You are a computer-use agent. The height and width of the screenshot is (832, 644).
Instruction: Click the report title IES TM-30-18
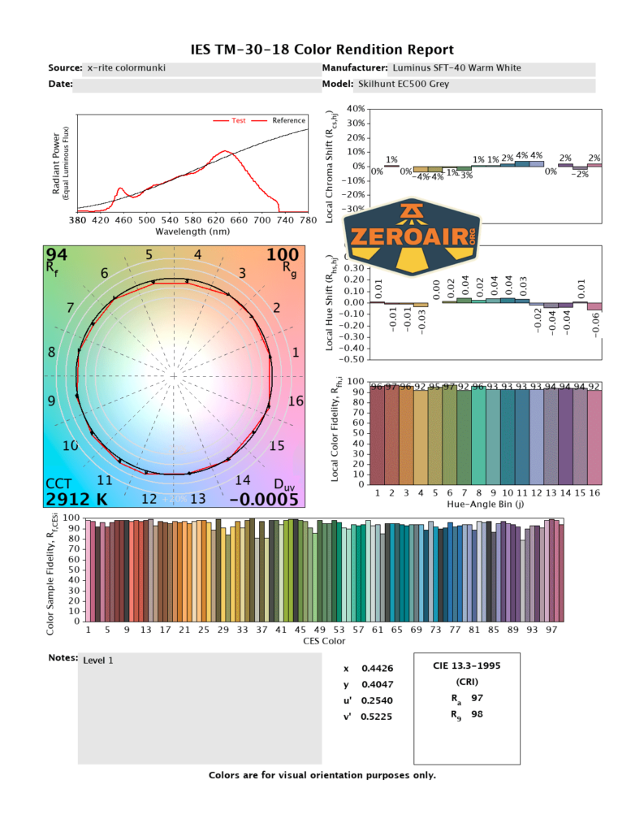[322, 50]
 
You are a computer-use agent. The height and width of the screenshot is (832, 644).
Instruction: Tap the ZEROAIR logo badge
[412, 235]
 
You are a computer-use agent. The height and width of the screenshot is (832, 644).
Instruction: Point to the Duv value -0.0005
[264, 499]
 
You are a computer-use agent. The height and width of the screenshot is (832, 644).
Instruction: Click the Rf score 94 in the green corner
[57, 256]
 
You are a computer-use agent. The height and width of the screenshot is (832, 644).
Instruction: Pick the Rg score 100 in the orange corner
[283, 256]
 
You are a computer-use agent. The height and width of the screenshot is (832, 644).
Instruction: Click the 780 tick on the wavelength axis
[308, 220]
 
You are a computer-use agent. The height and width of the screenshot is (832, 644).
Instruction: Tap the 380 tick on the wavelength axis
[77, 220]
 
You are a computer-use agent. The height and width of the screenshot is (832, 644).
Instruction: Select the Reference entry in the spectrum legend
[288, 121]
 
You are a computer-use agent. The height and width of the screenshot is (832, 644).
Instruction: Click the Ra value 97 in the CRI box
[477, 698]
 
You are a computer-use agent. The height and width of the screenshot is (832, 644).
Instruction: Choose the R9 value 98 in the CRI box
[477, 715]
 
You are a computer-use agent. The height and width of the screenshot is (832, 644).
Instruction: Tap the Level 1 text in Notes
[98, 661]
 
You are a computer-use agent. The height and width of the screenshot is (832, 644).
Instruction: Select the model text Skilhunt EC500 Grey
[404, 84]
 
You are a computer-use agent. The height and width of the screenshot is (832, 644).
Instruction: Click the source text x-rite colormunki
[127, 68]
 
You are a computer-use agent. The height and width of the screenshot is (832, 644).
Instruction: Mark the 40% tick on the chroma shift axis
[356, 109]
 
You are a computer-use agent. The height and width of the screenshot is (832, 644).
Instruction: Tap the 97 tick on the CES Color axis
[552, 630]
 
